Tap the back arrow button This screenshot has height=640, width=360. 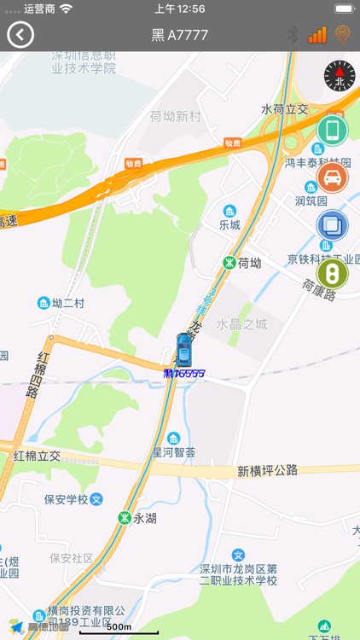click(20, 35)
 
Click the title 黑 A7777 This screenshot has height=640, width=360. click(179, 35)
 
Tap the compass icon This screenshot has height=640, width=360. click(339, 76)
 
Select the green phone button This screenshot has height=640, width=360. click(332, 130)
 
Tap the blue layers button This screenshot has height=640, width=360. click(332, 225)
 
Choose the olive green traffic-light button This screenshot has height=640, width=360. click(332, 273)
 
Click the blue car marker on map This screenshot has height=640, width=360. click(183, 349)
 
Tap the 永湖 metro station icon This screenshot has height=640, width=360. click(125, 517)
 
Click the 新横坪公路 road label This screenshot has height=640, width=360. click(267, 470)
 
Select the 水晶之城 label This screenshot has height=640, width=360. click(241, 324)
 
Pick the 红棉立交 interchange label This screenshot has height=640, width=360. click(37, 456)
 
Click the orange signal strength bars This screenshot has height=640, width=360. click(317, 35)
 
